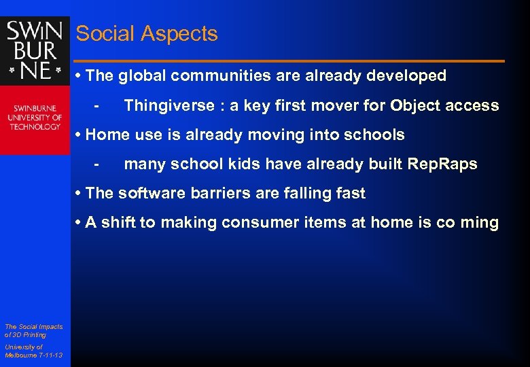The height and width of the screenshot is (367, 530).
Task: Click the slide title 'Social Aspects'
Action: click(x=147, y=34)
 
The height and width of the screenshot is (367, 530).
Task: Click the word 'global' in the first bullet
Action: click(x=143, y=76)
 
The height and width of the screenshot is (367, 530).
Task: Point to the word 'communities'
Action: click(x=220, y=76)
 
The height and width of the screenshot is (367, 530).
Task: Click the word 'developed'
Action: click(x=406, y=76)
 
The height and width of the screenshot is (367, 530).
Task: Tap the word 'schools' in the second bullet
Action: click(x=376, y=135)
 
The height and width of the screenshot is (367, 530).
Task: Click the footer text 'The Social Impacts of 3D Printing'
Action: click(x=33, y=330)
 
